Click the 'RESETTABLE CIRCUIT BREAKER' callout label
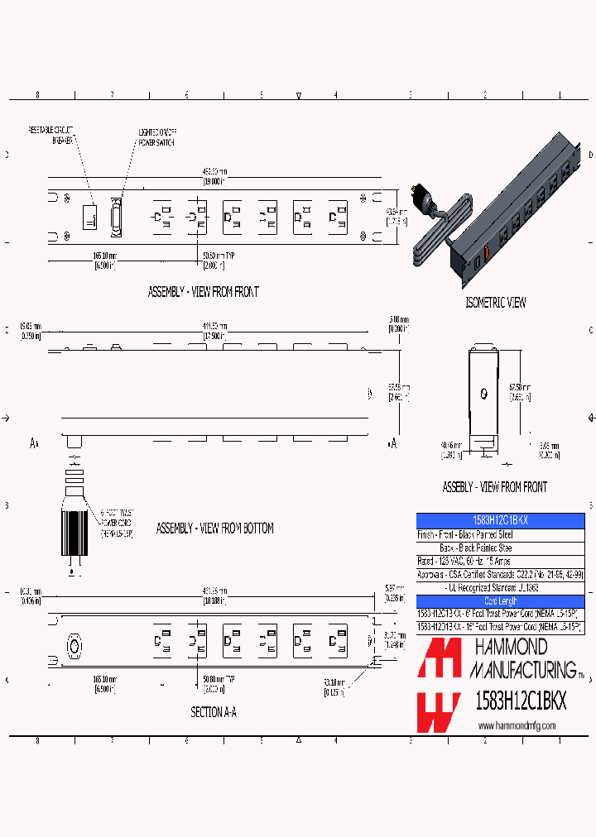click(52, 136)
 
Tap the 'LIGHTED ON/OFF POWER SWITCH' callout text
click(156, 136)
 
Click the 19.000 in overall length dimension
click(215, 176)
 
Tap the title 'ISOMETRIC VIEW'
click(495, 303)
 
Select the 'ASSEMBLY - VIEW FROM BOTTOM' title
click(215, 528)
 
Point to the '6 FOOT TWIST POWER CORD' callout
click(117, 523)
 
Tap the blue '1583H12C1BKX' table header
click(500, 520)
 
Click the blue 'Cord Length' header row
click(500, 600)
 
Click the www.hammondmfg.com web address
click(517, 725)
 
